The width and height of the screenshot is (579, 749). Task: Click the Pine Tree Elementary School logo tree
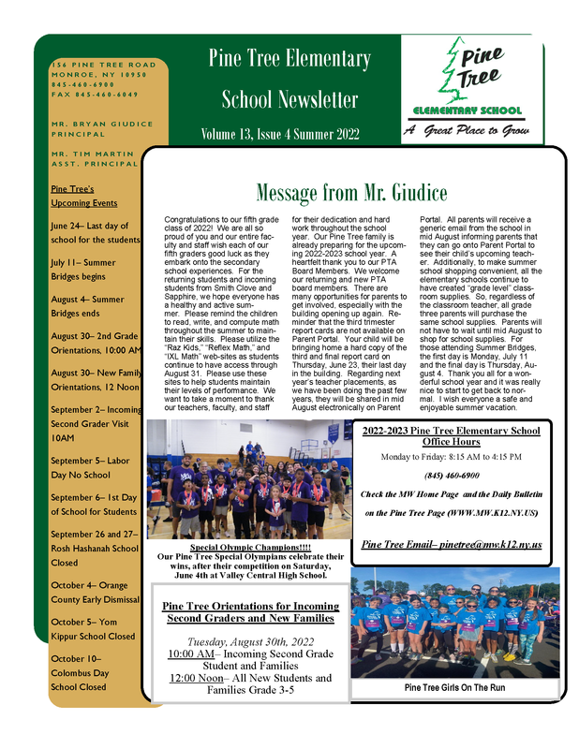tap(455, 66)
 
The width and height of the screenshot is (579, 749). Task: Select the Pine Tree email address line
tap(451, 544)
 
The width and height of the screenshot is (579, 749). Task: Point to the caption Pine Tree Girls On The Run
tap(454, 688)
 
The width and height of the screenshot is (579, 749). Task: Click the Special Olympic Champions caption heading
tap(250, 547)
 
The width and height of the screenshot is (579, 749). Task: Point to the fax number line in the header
tap(95, 95)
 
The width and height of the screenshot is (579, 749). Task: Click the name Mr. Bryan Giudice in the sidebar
tap(102, 124)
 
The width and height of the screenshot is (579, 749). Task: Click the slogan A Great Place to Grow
tap(466, 131)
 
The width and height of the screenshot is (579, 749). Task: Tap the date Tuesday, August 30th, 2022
tap(250, 641)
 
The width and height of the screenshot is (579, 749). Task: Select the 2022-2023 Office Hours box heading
tap(451, 437)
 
